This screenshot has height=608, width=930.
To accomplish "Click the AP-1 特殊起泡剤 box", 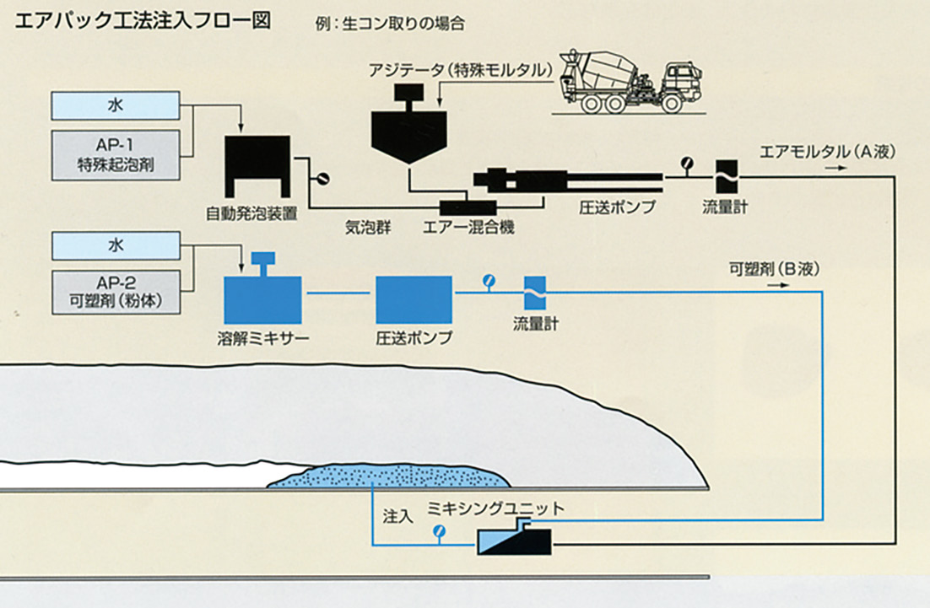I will [116, 154].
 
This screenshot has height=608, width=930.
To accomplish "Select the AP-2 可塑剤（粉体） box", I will [116, 293].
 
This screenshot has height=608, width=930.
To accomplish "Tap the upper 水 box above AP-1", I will [116, 105].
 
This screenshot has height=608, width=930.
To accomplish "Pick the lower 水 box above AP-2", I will [116, 246].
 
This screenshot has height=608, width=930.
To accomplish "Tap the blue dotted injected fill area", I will [388, 476].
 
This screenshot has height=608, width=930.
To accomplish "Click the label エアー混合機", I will [469, 228].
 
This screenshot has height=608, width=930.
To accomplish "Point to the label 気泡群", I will [365, 227].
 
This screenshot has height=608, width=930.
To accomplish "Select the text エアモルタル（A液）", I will [827, 153].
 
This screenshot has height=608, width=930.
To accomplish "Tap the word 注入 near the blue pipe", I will [397, 515].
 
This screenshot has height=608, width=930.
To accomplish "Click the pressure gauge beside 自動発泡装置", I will [321, 179].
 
